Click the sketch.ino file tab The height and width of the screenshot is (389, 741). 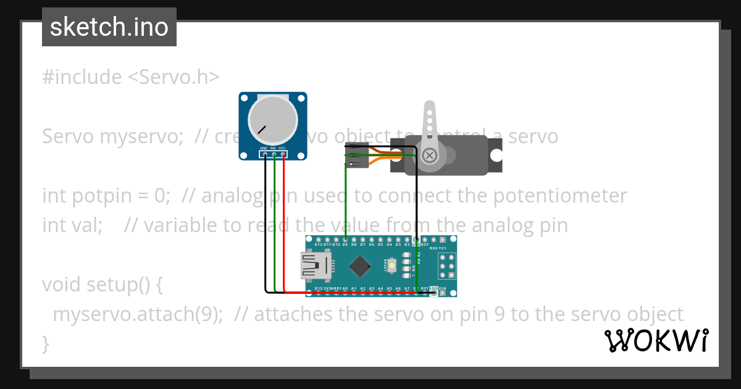click(109, 27)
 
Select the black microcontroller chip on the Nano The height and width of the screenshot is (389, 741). click(359, 266)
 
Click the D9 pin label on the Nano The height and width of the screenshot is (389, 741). click(345, 245)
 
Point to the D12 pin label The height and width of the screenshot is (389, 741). click(319, 245)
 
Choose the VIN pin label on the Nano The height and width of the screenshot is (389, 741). click(442, 288)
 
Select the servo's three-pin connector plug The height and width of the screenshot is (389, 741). click(357, 156)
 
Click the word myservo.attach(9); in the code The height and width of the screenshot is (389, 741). click(137, 314)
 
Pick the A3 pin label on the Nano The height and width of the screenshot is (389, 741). click(372, 288)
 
